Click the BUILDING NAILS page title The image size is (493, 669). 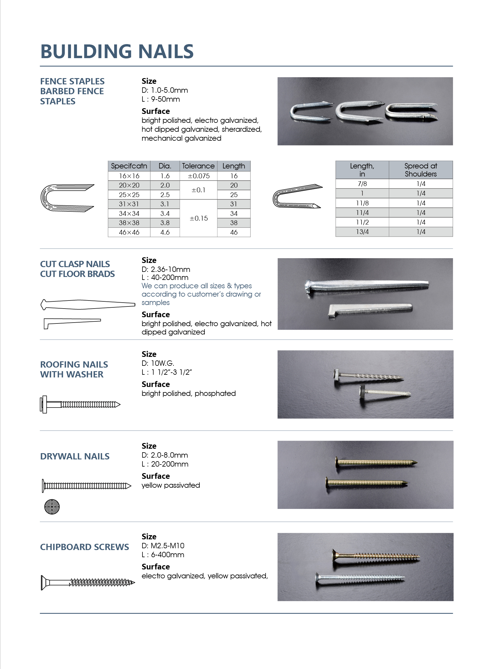[117, 51]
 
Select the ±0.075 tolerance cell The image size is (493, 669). [199, 176]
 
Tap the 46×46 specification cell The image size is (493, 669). [129, 232]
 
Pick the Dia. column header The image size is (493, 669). [165, 166]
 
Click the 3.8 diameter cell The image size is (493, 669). [165, 223]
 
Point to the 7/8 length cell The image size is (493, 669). [362, 184]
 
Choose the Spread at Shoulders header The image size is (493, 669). [421, 170]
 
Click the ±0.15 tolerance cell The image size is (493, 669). [199, 218]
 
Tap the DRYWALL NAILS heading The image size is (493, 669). [75, 456]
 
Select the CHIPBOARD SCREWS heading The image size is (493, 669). [84, 547]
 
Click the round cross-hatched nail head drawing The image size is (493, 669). [52, 507]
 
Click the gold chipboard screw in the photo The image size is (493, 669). [376, 556]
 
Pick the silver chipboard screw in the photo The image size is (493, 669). [360, 578]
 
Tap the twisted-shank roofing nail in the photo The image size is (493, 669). [368, 376]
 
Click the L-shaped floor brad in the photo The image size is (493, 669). [370, 309]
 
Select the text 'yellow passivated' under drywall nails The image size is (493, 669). [171, 485]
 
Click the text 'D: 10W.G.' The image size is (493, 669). [158, 363]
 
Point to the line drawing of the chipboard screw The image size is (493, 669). [88, 583]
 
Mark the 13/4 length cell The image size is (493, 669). [362, 232]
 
